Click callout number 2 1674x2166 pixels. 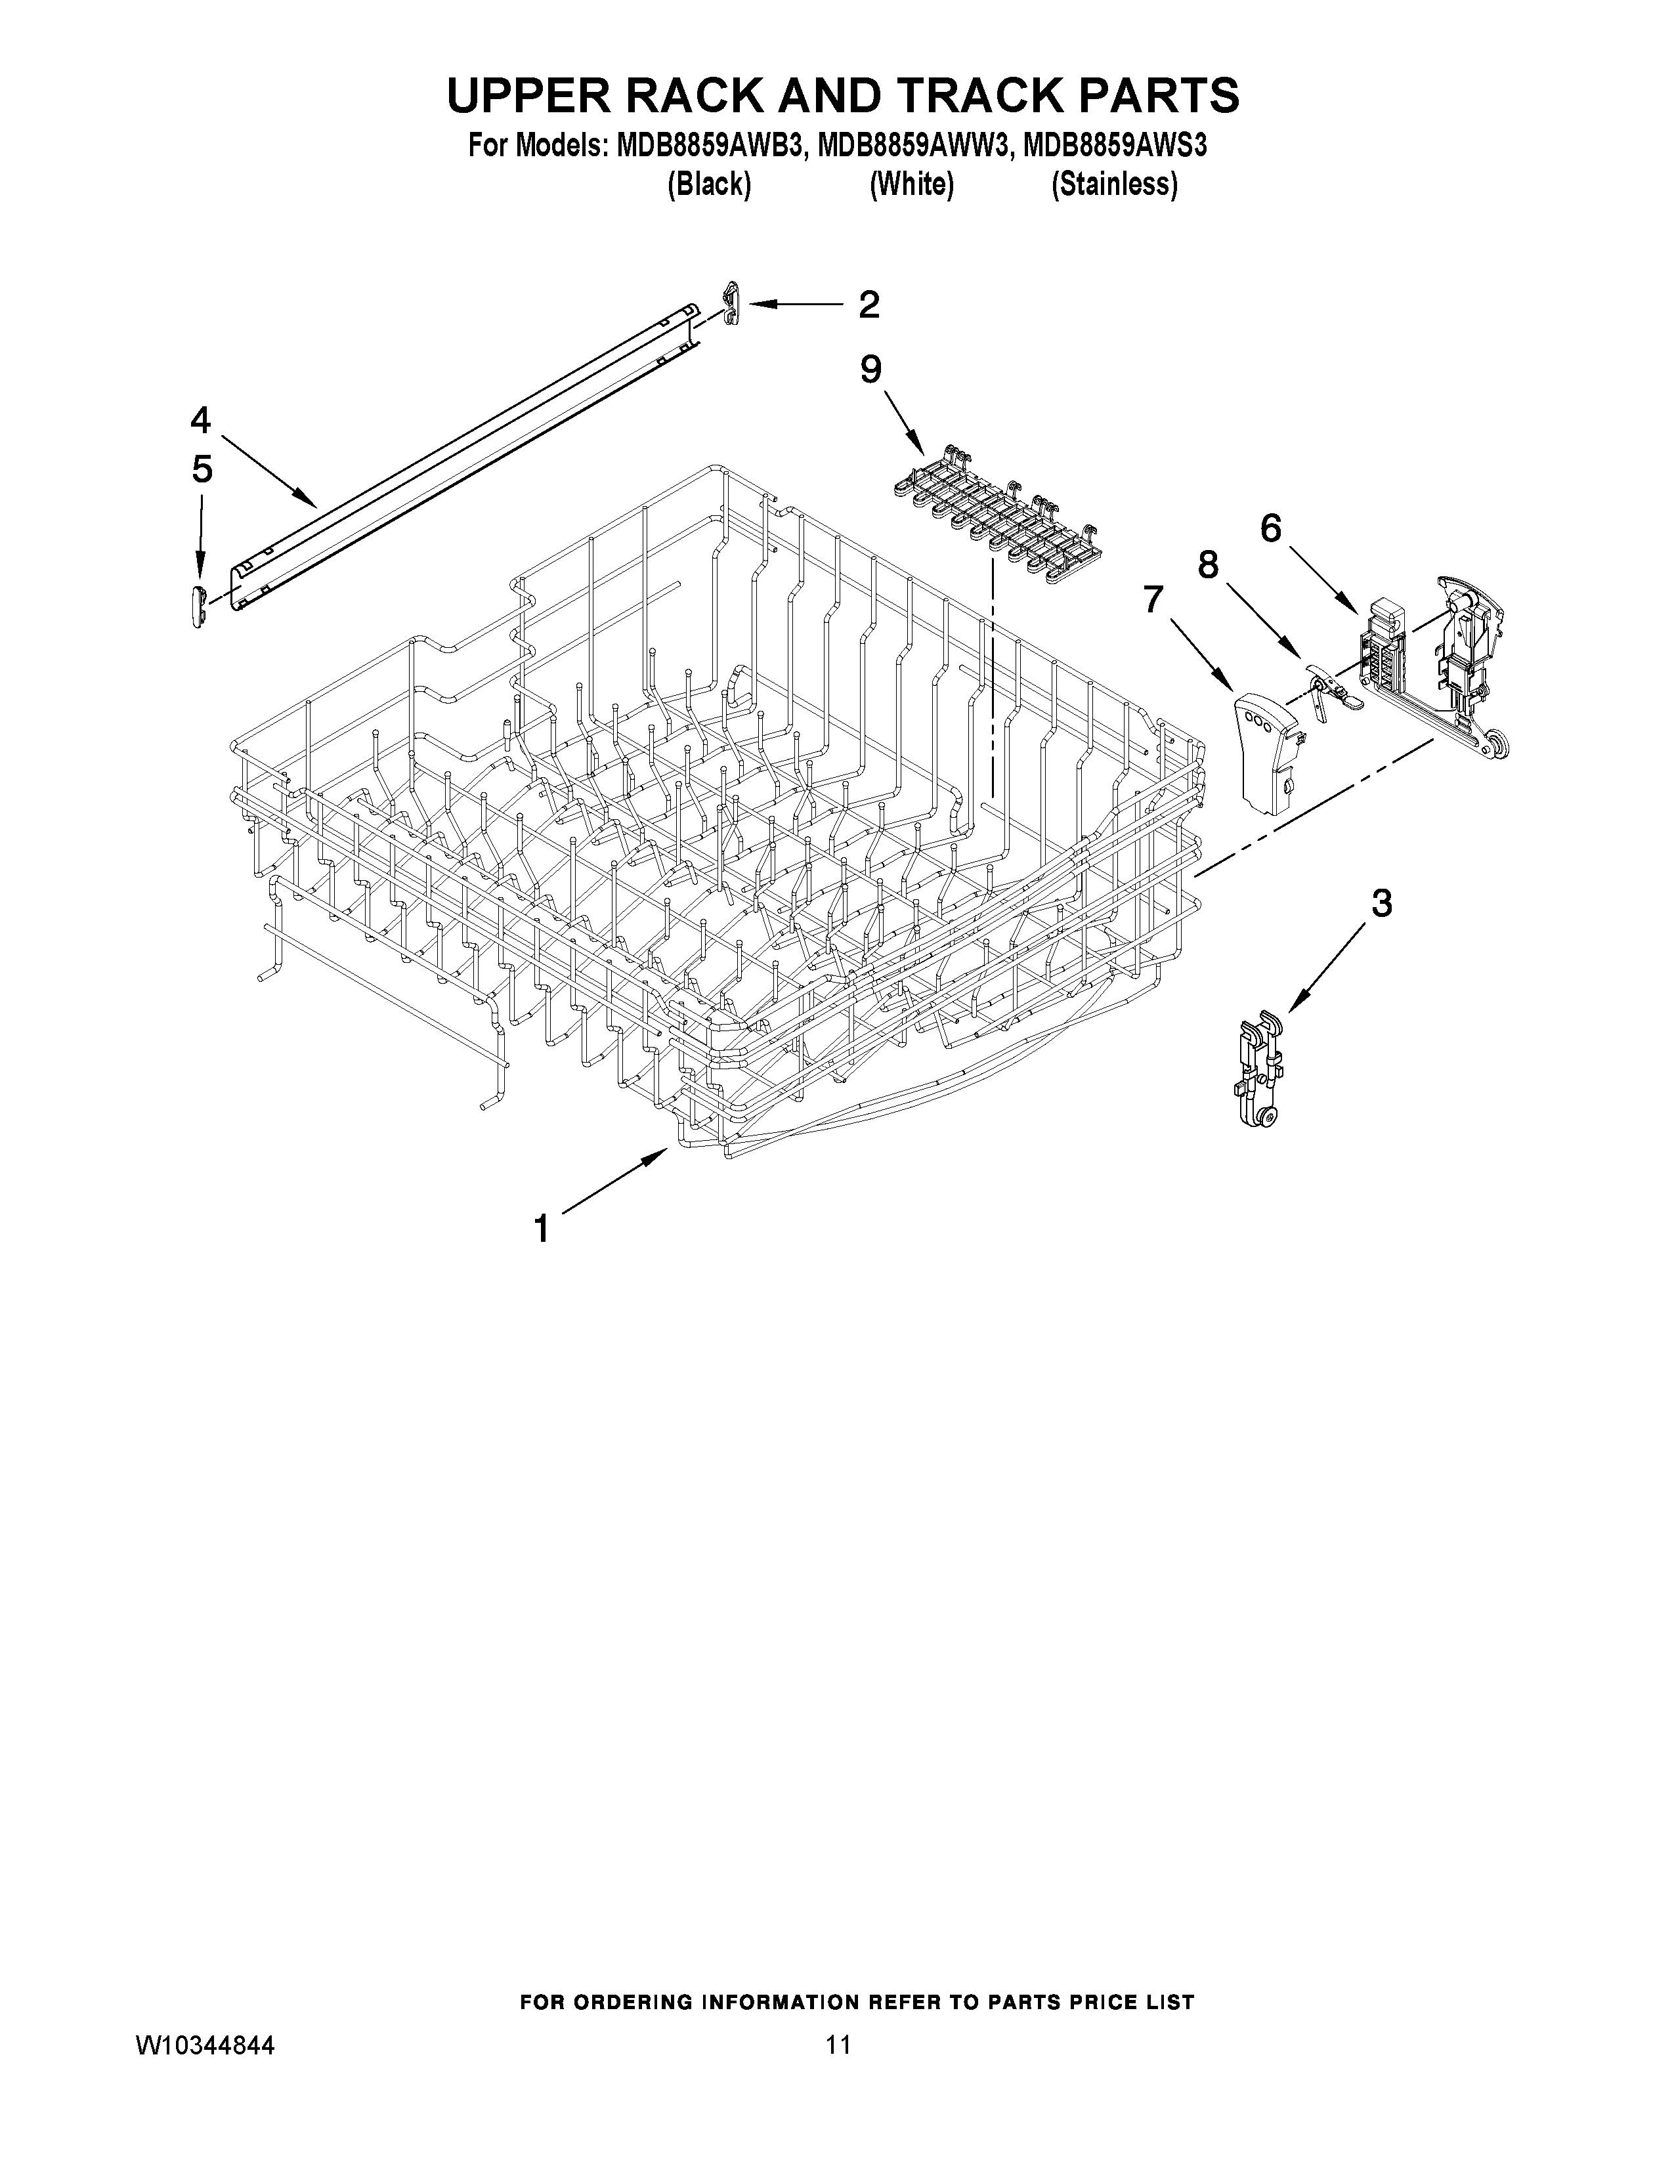[869, 305]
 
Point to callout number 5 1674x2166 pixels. [202, 469]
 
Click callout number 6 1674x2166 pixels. [1270, 530]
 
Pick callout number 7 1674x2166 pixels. [1152, 599]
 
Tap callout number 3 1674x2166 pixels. [1381, 904]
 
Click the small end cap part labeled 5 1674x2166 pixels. [198, 605]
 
